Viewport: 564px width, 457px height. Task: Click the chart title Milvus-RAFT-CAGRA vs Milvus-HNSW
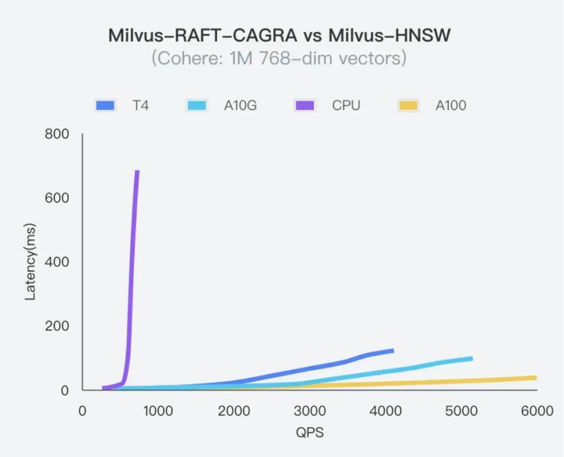(x=279, y=35)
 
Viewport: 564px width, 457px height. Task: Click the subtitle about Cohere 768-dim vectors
(x=279, y=58)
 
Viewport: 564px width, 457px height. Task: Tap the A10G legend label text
(x=240, y=105)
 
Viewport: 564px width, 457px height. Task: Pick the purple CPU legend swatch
(x=304, y=105)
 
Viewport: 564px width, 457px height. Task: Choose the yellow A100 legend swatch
(x=408, y=105)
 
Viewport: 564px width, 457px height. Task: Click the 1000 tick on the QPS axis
(x=158, y=411)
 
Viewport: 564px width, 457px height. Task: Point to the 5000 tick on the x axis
(x=461, y=411)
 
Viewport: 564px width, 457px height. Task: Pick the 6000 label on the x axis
(x=537, y=411)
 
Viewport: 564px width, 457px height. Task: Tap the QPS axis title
(x=310, y=433)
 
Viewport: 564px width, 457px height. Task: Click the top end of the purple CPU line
(x=137, y=171)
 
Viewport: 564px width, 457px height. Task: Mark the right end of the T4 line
(x=393, y=351)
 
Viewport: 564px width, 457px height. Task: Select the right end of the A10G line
(x=472, y=358)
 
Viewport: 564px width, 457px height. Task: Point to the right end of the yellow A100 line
(x=536, y=378)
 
